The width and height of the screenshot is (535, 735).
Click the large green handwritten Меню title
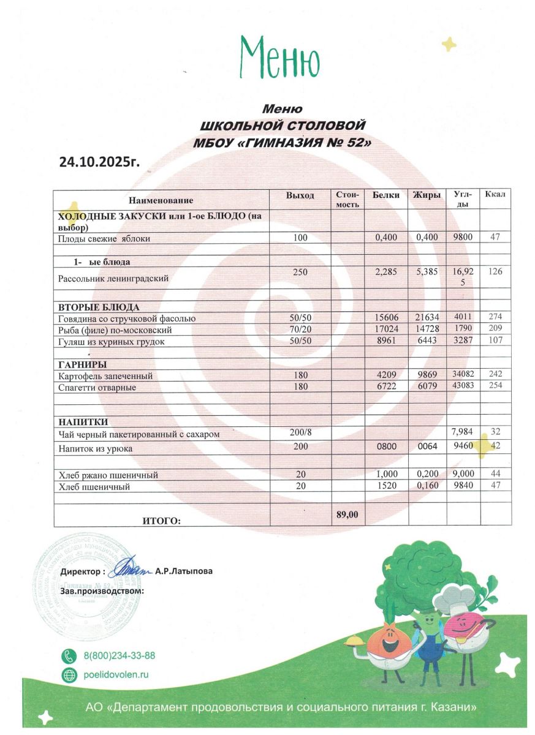(x=279, y=56)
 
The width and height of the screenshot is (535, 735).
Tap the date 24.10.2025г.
(x=99, y=162)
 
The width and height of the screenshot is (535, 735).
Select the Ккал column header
(x=495, y=195)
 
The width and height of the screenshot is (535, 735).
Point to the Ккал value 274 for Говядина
(x=495, y=318)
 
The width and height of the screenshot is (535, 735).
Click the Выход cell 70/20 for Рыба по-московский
(x=300, y=330)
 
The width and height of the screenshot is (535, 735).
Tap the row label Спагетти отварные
(x=97, y=388)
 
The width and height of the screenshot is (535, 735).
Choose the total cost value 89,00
(x=347, y=514)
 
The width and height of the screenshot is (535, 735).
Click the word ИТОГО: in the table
(x=162, y=521)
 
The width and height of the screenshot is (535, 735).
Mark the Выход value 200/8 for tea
(x=300, y=433)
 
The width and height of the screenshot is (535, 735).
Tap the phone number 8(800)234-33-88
(x=119, y=655)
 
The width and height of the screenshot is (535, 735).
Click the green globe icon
(x=69, y=675)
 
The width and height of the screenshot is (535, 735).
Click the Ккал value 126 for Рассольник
(x=495, y=271)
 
